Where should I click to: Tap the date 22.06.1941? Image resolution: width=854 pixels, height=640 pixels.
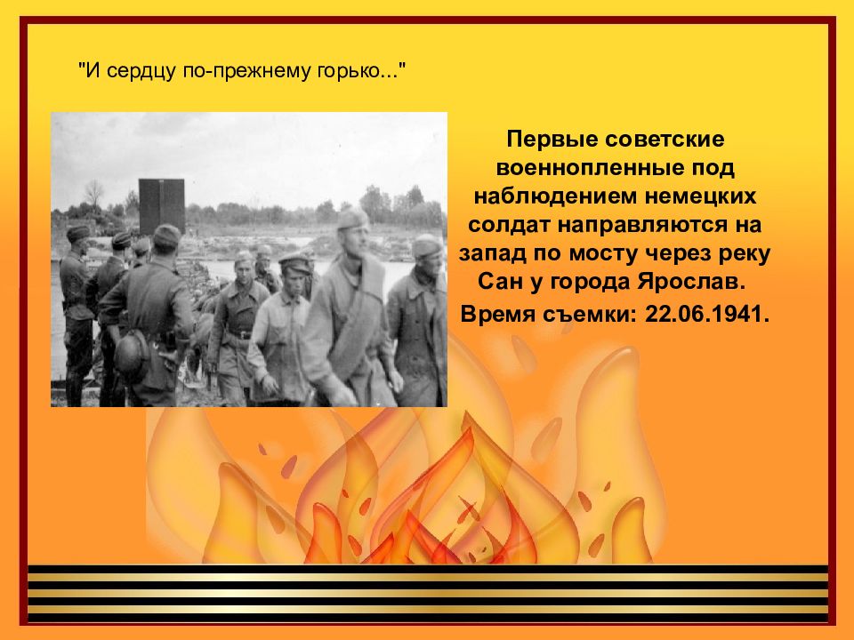707,314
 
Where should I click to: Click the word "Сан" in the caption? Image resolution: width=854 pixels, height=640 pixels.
500,283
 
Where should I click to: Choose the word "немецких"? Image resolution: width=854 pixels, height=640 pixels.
701,196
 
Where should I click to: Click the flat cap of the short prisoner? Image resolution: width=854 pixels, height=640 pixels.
294,261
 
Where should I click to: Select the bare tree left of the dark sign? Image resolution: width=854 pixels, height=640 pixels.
93,195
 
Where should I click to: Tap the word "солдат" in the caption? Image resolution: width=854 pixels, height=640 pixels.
508,225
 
